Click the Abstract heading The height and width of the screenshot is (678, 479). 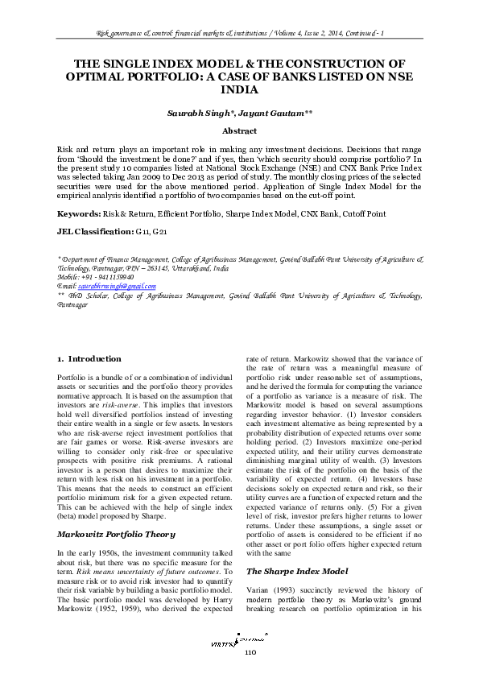pyautogui.click(x=239, y=130)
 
